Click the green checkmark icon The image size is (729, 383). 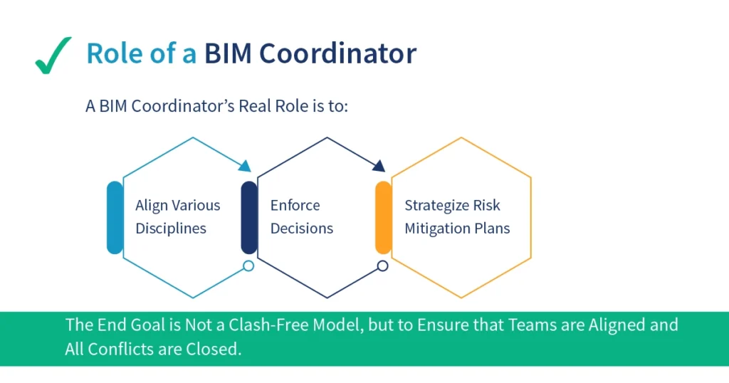[53, 56]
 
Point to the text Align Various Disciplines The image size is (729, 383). [177, 217]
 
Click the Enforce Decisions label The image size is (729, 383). [301, 217]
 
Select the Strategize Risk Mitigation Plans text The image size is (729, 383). [457, 217]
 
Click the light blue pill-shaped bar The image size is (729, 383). [115, 217]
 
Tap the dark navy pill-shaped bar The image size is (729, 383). [249, 217]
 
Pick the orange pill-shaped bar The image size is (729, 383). [384, 217]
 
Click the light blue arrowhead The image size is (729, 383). [245, 167]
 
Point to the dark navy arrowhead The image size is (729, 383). [379, 167]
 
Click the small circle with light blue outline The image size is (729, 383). [248, 266]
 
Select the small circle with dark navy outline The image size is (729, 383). [383, 266]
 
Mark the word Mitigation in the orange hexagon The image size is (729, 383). [440, 229]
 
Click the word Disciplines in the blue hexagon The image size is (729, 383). [171, 229]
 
